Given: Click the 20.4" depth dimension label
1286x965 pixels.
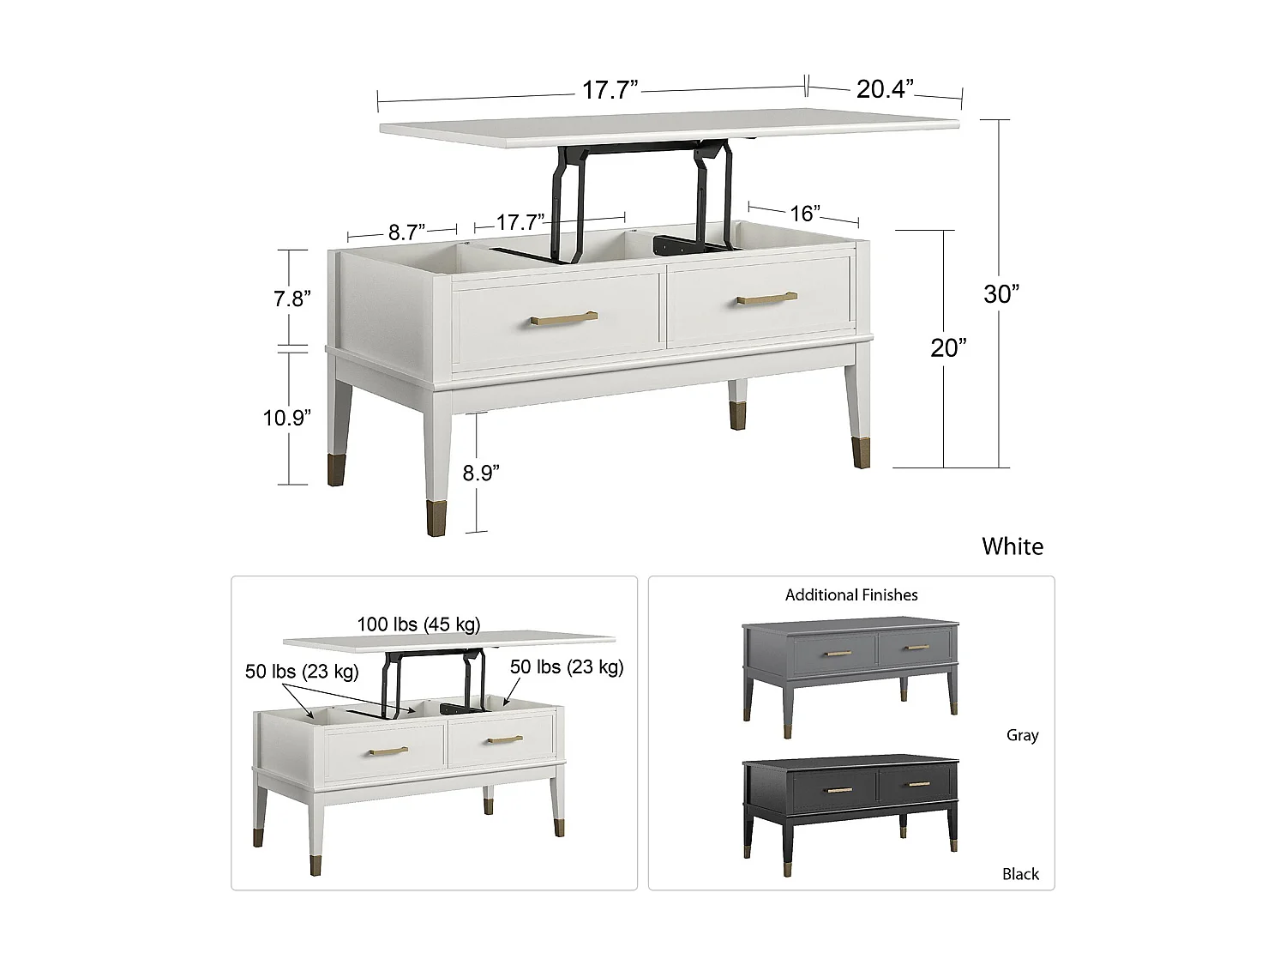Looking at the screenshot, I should click(x=885, y=88).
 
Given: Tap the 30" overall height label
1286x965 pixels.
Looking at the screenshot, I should click(x=1001, y=294).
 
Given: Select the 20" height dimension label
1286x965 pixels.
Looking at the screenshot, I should click(x=948, y=347).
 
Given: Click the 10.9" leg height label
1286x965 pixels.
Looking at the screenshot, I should click(x=287, y=418).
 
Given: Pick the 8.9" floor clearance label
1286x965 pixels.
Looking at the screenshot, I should click(x=481, y=473).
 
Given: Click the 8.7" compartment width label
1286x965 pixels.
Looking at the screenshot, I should click(x=407, y=232).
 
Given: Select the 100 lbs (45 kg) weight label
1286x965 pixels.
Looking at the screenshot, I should click(x=418, y=624).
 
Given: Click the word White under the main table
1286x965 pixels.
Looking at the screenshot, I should click(x=1013, y=546).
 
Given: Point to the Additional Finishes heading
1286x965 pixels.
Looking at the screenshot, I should click(x=851, y=594).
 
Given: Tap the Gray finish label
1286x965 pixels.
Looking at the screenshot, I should click(x=1022, y=735).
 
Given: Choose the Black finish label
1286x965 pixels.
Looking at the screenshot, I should click(x=1020, y=874).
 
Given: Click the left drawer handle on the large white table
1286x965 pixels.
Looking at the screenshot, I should click(x=564, y=319).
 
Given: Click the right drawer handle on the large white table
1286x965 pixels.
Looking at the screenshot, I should click(x=766, y=299).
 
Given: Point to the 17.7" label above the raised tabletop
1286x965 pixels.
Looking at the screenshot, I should click(x=610, y=89).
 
